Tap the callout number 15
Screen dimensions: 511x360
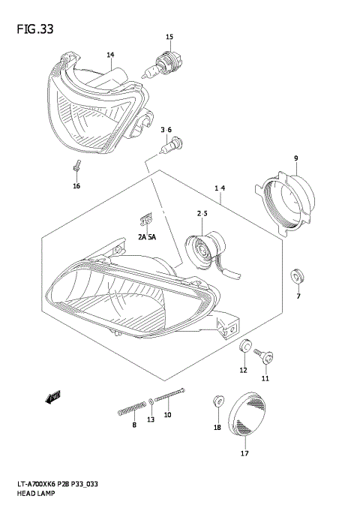(169, 37)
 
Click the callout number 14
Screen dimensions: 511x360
(110, 55)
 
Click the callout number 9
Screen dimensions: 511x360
(296, 158)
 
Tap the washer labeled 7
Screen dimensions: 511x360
(297, 273)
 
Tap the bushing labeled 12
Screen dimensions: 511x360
(243, 348)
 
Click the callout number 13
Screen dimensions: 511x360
(151, 419)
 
